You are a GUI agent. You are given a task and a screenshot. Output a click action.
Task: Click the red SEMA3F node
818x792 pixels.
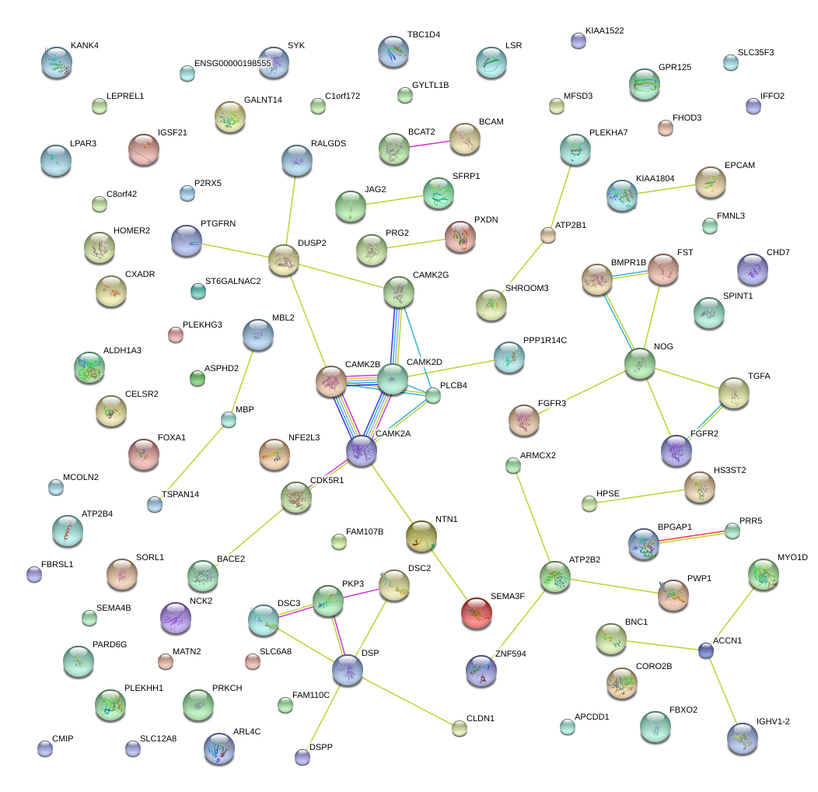pyautogui.click(x=476, y=613)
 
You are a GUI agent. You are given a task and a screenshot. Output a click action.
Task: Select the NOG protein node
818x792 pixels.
pyautogui.click(x=639, y=363)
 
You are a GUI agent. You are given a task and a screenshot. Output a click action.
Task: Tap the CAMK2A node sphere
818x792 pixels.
pyautogui.click(x=362, y=451)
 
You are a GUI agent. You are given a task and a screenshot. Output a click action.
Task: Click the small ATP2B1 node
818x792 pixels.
pyautogui.click(x=548, y=235)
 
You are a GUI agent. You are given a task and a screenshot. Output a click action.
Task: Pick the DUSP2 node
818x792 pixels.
pyautogui.click(x=284, y=259)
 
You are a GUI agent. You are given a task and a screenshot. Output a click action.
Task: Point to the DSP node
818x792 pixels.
pyautogui.click(x=347, y=670)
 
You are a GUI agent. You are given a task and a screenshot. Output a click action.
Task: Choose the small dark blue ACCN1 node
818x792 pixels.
pyautogui.click(x=705, y=650)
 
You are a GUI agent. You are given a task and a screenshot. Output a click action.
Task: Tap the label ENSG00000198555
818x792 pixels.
pyautogui.click(x=232, y=63)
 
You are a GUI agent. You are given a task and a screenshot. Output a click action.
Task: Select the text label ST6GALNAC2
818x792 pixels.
pyautogui.click(x=232, y=281)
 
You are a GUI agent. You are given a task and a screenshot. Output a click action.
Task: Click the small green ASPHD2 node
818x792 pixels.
pyautogui.click(x=197, y=379)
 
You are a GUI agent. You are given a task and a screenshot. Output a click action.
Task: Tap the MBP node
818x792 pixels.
pyautogui.click(x=228, y=419)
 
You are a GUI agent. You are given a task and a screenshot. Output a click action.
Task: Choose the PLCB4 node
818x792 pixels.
pyautogui.click(x=433, y=395)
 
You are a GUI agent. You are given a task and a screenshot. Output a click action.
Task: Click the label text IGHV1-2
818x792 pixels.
pyautogui.click(x=773, y=721)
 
